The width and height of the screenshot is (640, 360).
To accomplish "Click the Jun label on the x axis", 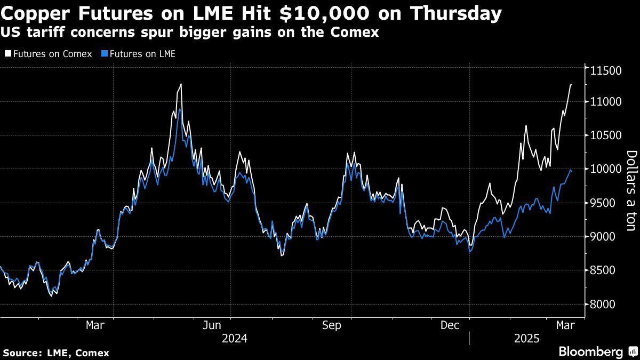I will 212,325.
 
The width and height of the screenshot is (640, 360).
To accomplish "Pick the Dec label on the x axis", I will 451,325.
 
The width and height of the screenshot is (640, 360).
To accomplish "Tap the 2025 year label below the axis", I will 527,339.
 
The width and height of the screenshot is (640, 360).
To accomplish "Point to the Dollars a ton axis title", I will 631,190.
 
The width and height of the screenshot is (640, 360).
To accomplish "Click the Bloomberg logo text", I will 590,351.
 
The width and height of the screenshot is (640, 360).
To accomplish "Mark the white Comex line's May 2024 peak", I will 181,84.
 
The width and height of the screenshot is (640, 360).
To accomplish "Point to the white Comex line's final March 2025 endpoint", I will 571,85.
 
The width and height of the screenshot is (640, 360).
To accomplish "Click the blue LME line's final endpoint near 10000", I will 571,171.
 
